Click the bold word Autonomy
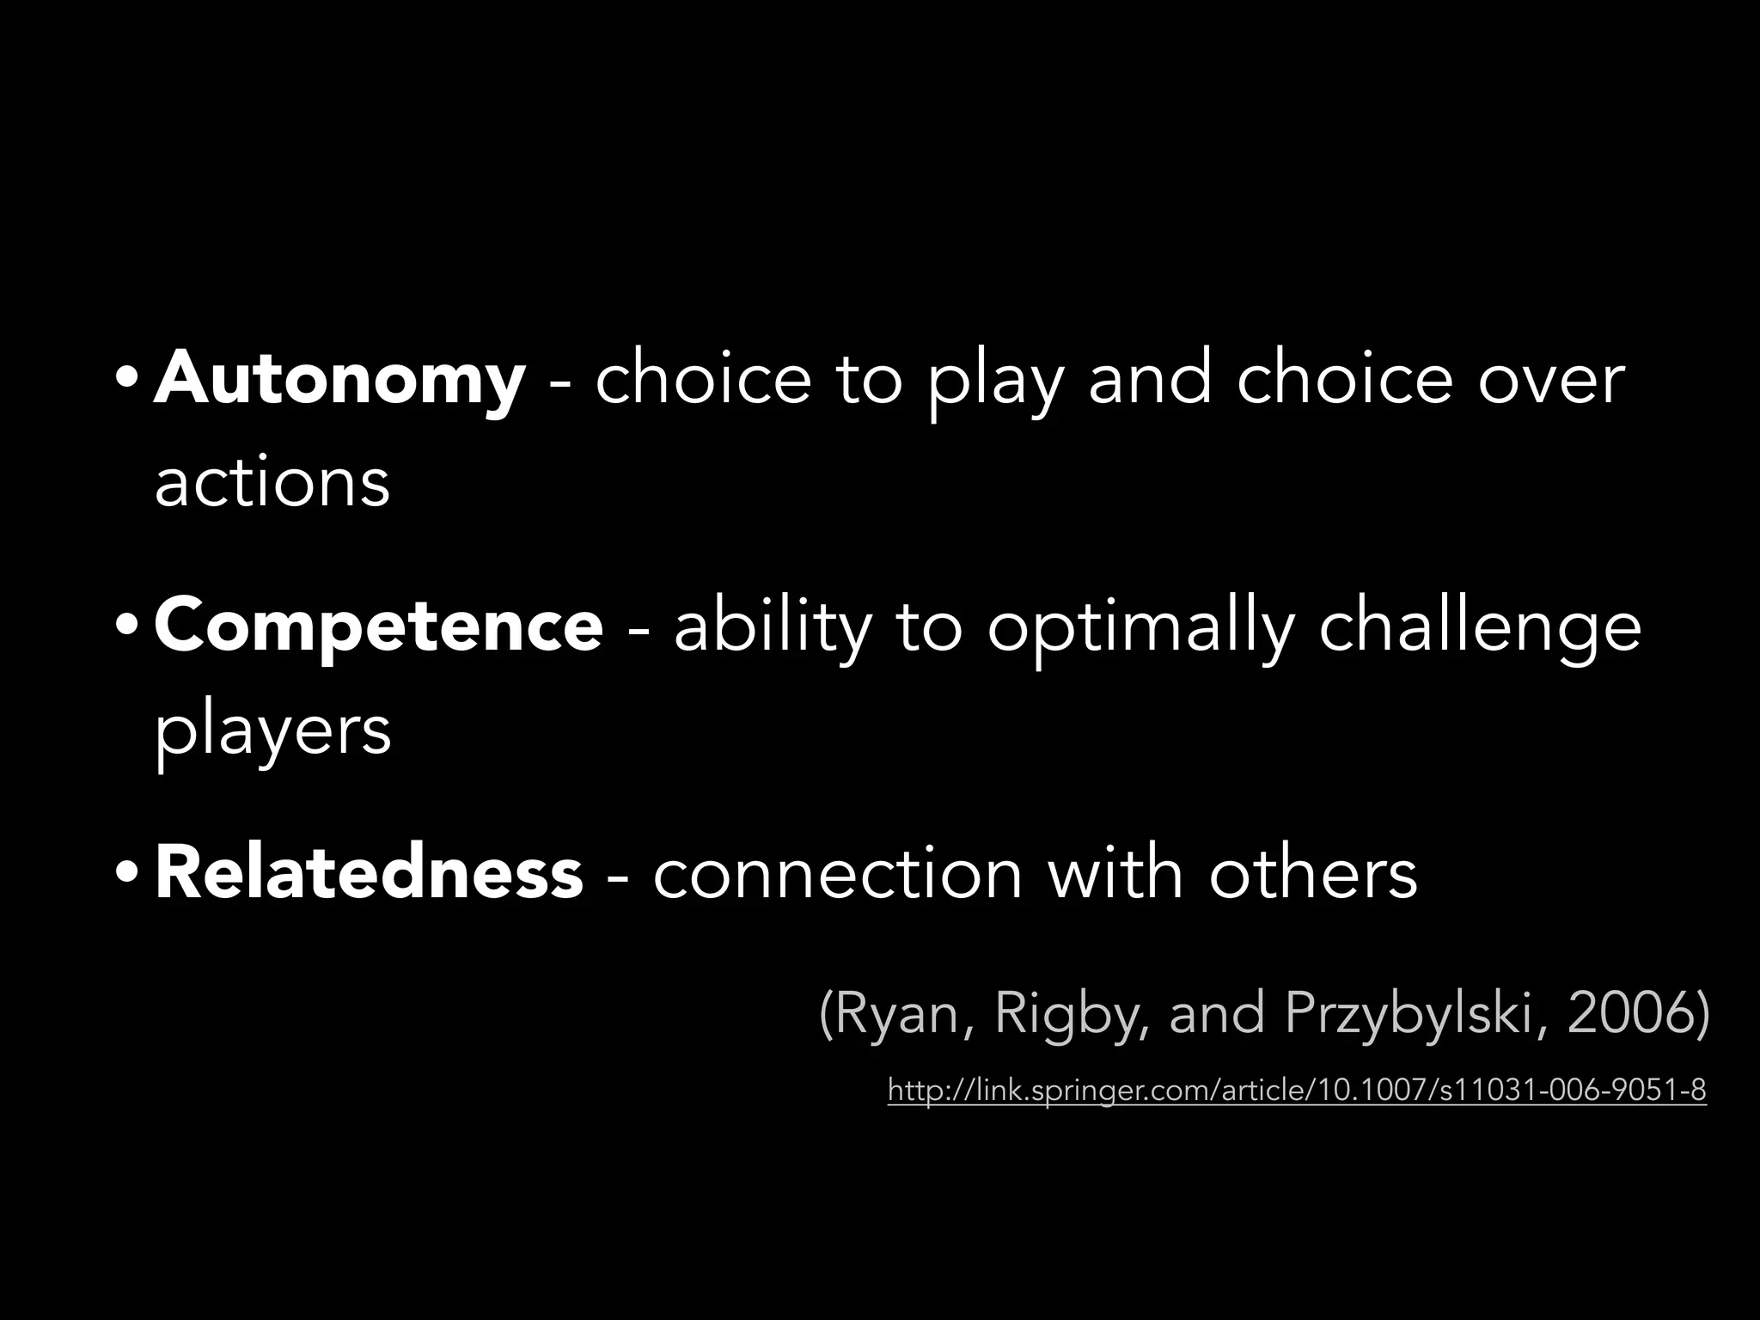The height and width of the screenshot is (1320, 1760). (339, 380)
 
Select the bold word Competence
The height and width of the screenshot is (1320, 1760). (378, 626)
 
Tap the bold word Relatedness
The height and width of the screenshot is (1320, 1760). (369, 873)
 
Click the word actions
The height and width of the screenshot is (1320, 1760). (272, 483)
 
